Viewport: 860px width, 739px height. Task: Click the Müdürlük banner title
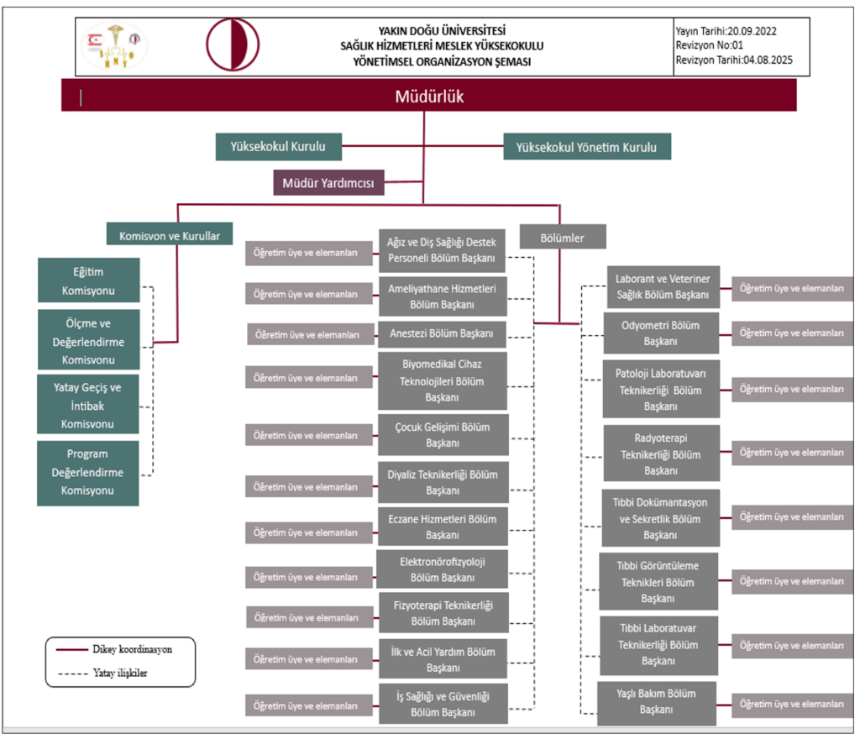429,97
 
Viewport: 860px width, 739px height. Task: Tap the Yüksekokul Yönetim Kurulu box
586,147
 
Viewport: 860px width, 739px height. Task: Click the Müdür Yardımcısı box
328,182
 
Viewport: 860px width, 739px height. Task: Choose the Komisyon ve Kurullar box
170,236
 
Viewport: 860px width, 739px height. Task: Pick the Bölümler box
563,238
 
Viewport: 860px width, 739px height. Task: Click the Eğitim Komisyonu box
88,281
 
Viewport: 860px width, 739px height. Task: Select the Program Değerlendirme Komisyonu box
88,472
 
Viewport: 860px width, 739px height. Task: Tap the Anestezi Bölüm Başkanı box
443,333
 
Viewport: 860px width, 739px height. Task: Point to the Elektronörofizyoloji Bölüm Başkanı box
443,569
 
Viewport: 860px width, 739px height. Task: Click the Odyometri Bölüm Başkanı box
660,333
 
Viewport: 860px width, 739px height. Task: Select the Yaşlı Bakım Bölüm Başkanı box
657,702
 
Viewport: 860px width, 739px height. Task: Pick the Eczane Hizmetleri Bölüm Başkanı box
443,527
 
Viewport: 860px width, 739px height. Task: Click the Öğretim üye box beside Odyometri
792,333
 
